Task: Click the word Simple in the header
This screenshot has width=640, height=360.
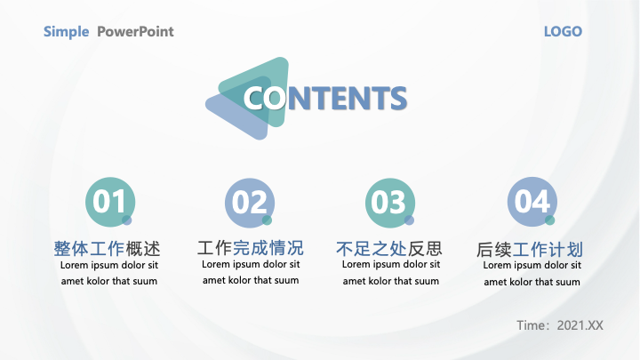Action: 66,32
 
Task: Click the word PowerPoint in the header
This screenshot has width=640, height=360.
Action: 135,31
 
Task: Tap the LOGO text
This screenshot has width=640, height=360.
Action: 563,31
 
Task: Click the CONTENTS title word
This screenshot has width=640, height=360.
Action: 325,98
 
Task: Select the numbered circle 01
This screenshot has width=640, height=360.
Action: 110,202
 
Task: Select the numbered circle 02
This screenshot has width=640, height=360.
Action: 250,203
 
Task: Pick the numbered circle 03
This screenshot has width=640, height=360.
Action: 390,203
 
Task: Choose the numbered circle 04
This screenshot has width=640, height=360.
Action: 532,202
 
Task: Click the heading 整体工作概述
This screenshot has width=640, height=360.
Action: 107,249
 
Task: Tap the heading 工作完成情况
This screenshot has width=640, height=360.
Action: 250,248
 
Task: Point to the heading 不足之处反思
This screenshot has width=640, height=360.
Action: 389,248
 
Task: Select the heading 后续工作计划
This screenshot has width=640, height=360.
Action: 530,250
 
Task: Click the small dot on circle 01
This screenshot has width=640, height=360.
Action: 127,220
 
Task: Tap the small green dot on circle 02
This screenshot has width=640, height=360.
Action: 267,220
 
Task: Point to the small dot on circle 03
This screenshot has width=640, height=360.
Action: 409,220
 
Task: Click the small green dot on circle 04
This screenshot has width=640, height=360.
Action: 550,220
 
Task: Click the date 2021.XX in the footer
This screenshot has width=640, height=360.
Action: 580,325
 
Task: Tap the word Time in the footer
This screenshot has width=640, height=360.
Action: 531,325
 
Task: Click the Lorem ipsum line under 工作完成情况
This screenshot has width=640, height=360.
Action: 251,265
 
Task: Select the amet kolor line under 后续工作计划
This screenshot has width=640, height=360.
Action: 532,282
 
